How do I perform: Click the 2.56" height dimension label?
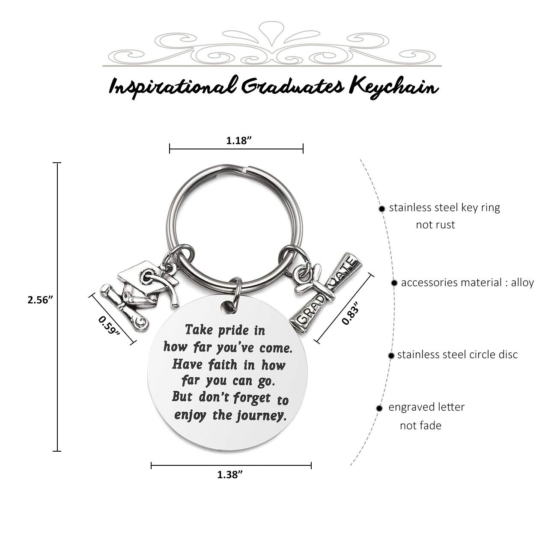(40, 300)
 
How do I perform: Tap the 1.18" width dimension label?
(239, 140)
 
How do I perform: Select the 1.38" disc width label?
(230, 475)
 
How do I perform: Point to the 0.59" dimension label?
(109, 325)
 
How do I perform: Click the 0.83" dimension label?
(350, 313)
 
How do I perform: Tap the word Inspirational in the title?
(173, 87)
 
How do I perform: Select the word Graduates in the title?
(293, 86)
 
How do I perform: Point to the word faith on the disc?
(223, 365)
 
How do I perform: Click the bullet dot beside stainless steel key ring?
(381, 209)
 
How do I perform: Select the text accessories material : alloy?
(467, 283)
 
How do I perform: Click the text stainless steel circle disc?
(457, 354)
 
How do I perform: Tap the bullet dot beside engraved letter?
(379, 408)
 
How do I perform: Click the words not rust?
(435, 225)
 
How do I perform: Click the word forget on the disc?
(252, 398)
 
